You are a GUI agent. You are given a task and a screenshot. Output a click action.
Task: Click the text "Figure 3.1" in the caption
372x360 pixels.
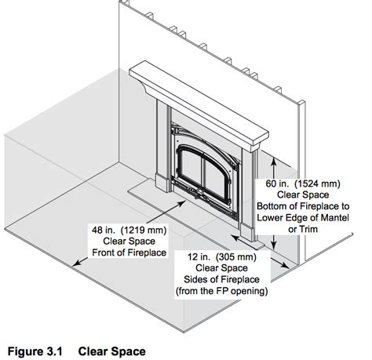pos(35,351)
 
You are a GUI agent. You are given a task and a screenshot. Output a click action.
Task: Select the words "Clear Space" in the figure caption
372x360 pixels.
pos(112,351)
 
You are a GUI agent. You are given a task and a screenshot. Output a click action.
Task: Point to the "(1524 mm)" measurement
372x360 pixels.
pos(317,184)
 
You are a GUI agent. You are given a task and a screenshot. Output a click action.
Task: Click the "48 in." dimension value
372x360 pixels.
pos(104,230)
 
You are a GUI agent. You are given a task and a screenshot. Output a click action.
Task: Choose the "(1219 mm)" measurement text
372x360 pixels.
pos(144,230)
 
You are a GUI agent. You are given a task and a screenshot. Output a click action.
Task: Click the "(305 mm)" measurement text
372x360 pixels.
pos(236,257)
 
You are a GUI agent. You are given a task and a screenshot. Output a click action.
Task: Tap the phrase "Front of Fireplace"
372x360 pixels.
pos(129,253)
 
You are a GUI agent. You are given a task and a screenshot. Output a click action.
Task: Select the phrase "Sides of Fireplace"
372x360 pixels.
pos(221,279)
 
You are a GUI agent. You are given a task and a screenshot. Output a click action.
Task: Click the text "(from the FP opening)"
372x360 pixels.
pos(221,291)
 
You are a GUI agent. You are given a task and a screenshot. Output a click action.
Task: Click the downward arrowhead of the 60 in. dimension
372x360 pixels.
pos(274,245)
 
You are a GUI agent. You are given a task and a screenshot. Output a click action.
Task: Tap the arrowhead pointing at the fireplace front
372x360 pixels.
pos(182,203)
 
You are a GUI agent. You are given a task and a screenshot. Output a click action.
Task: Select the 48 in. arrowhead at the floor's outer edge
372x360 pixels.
pos(76,264)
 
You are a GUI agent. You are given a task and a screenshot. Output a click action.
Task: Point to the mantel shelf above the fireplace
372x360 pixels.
pos(199,104)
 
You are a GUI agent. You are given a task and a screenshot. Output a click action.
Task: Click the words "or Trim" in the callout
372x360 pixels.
pos(303,229)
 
